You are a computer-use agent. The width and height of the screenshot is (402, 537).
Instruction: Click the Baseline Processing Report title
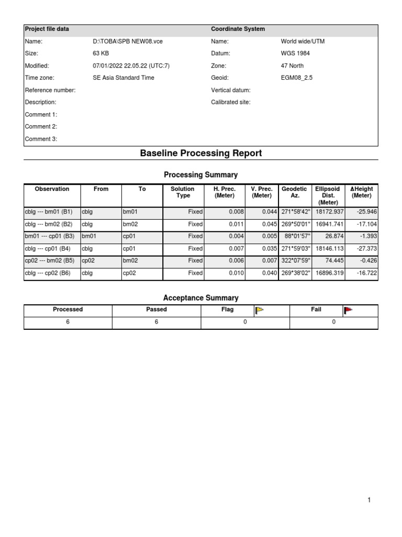pyautogui.click(x=200, y=153)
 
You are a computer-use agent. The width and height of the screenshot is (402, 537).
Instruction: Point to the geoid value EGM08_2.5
pyautogui.click(x=297, y=78)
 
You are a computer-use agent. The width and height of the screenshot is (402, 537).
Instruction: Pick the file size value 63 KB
pyautogui.click(x=100, y=53)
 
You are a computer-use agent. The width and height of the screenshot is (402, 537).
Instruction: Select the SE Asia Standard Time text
pyautogui.click(x=124, y=78)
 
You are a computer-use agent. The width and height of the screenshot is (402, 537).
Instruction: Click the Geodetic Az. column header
pyautogui.click(x=294, y=192)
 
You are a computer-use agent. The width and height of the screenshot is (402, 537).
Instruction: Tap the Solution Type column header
pyautogui.click(x=182, y=192)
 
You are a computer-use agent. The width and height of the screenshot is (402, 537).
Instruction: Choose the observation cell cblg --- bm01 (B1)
pyautogui.click(x=49, y=212)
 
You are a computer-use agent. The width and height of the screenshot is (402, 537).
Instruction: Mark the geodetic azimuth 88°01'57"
pyautogui.click(x=295, y=237)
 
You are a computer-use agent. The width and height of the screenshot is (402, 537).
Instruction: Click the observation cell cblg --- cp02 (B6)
pyautogui.click(x=49, y=273)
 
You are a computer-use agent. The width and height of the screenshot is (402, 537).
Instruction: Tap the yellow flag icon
pyautogui.click(x=259, y=310)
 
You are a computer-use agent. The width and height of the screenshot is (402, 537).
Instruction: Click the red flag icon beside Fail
pyautogui.click(x=348, y=310)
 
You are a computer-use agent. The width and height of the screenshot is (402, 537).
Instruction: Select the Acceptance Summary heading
pyautogui.click(x=200, y=298)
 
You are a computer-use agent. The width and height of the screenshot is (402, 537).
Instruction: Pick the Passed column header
pyautogui.click(x=157, y=309)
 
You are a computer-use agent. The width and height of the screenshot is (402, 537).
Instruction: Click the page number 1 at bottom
pyautogui.click(x=369, y=500)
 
